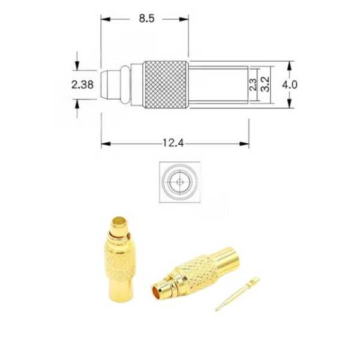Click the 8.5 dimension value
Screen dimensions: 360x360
click(x=147, y=19)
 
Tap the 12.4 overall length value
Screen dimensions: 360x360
click(x=173, y=143)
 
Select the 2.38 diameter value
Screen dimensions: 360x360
click(x=82, y=85)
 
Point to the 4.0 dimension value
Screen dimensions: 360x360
click(x=290, y=85)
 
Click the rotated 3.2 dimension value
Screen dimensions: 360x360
click(x=265, y=84)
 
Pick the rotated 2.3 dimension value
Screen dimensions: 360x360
click(x=253, y=85)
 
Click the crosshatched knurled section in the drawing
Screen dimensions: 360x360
click(x=166, y=85)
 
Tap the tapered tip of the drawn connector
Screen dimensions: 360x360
click(x=104, y=85)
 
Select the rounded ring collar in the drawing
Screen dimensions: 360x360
click(x=125, y=85)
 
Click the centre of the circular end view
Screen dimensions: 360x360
click(x=180, y=182)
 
